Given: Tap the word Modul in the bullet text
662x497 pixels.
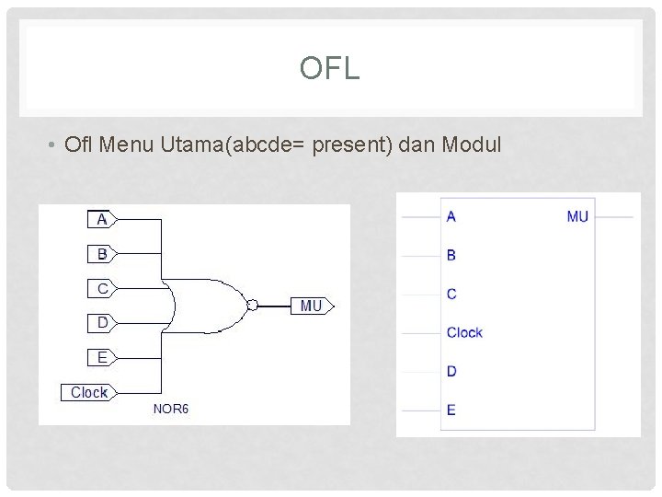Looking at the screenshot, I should pyautogui.click(x=472, y=144).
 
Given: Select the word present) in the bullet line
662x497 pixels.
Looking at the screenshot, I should pyautogui.click(x=357, y=144).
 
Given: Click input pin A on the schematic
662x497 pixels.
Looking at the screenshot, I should pyautogui.click(x=102, y=219).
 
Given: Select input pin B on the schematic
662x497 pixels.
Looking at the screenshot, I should pyautogui.click(x=102, y=253).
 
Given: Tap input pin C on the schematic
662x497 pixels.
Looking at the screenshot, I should pyautogui.click(x=102, y=288).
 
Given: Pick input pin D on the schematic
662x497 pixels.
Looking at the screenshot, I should pyautogui.click(x=102, y=322).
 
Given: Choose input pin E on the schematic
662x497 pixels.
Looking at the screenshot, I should pyautogui.click(x=102, y=357).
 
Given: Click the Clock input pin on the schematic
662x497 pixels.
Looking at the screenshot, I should pyautogui.click(x=87, y=392).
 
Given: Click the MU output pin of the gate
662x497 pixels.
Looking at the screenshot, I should pyautogui.click(x=313, y=306).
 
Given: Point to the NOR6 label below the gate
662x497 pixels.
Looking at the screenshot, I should pyautogui.click(x=170, y=409).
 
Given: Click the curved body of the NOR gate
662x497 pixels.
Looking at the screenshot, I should pyautogui.click(x=207, y=305).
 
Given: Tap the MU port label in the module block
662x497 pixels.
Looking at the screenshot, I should pyautogui.click(x=577, y=216).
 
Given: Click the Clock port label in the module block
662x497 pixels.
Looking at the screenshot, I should pyautogui.click(x=464, y=332).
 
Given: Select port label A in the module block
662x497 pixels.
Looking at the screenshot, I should pyautogui.click(x=451, y=216).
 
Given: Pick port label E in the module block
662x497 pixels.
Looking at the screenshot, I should pyautogui.click(x=451, y=410).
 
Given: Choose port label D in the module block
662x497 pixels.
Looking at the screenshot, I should pyautogui.click(x=451, y=371).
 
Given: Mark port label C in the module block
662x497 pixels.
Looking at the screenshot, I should pyautogui.click(x=451, y=294).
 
